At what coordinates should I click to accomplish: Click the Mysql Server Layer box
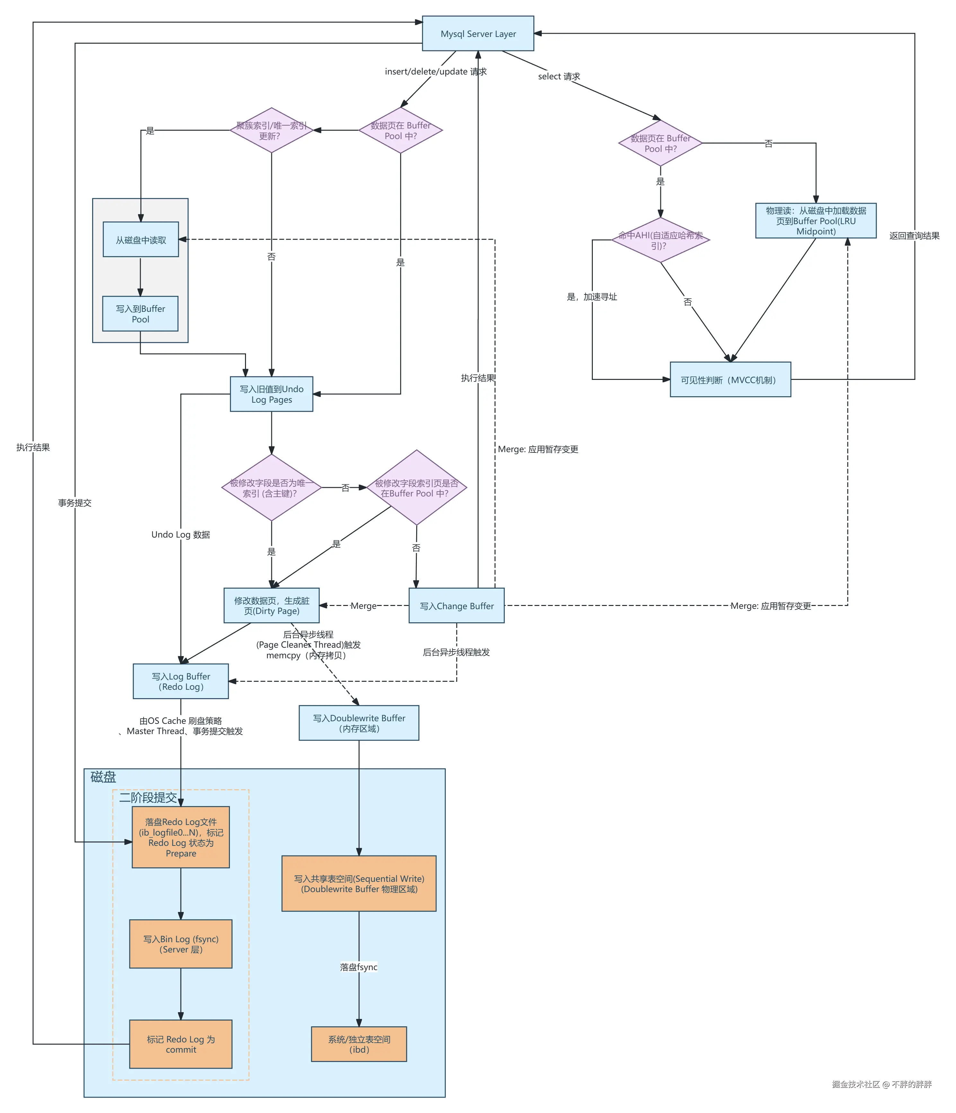pyautogui.click(x=478, y=33)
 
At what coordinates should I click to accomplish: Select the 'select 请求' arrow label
pyautogui.click(x=558, y=76)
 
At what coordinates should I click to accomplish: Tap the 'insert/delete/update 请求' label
pyautogui.click(x=435, y=71)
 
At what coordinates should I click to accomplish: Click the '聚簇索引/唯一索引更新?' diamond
pyautogui.click(x=271, y=130)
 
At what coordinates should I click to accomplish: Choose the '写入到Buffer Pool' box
pyautogui.click(x=140, y=314)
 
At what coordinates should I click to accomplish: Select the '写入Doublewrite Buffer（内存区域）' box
pyautogui.click(x=359, y=723)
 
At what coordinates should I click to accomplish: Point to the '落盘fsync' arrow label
pyautogui.click(x=359, y=967)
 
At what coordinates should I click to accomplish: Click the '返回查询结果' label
pyautogui.click(x=914, y=235)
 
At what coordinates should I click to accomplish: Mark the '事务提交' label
pyautogui.click(x=75, y=503)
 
